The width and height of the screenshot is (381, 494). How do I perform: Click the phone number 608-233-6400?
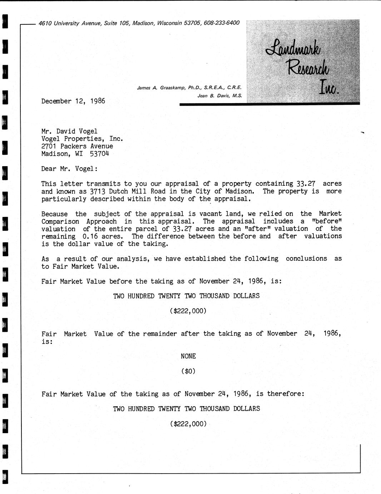coord(222,23)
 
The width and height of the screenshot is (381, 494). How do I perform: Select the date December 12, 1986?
coord(73,101)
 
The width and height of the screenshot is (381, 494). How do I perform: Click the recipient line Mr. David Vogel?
coord(69,131)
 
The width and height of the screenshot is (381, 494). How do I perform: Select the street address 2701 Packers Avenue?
coord(77,146)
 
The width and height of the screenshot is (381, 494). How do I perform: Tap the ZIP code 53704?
coord(99,154)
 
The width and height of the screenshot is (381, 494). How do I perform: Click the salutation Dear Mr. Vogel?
coord(69,169)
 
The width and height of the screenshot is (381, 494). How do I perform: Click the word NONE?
coord(188,356)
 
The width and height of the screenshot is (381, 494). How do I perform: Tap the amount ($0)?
coord(188,371)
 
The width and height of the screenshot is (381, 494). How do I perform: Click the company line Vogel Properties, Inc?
coord(82,139)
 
